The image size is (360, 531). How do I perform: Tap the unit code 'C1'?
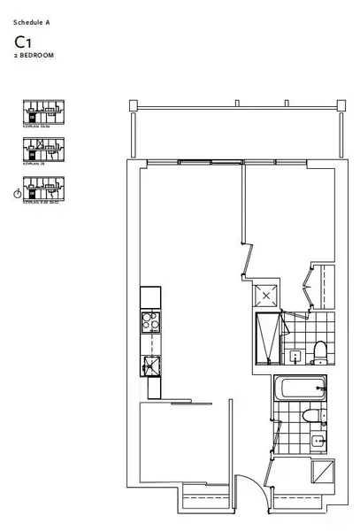coord(24,42)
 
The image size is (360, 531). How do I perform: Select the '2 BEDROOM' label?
coord(34,55)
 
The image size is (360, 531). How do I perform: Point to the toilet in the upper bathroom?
coord(320,352)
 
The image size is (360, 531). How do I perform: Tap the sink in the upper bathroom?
coord(294,358)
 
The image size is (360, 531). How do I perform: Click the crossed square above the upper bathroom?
coord(267,296)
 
